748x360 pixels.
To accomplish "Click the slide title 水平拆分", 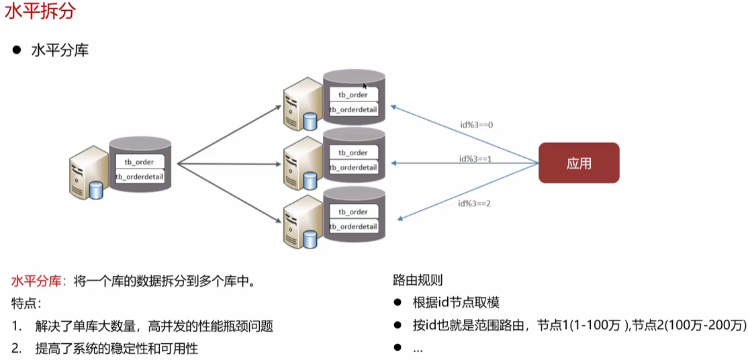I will (32, 13).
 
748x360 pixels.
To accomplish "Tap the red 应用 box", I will (579, 163).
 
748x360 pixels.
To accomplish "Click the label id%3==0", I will (476, 125).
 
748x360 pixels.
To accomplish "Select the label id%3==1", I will (476, 159).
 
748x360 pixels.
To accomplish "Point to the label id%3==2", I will (475, 204).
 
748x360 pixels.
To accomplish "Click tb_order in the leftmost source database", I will (140, 162).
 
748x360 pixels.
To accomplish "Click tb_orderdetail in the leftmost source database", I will (140, 177).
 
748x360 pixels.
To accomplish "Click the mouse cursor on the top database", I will (365, 86).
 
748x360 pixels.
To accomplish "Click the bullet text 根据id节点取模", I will (456, 303).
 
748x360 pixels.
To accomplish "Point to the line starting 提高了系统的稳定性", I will (117, 348).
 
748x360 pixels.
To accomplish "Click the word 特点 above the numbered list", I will (24, 303).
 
